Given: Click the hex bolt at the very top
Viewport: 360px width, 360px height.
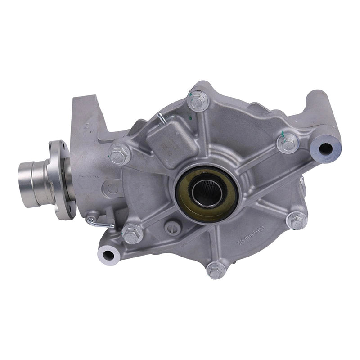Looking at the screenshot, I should click(198, 101).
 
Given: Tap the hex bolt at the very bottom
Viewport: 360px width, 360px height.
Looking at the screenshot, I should click(216, 270).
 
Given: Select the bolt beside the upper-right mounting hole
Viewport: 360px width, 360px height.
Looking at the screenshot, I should click(288, 143).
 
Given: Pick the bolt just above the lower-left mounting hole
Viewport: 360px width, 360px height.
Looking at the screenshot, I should click(132, 234).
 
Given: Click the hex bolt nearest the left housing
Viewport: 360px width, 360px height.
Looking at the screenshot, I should click(120, 154).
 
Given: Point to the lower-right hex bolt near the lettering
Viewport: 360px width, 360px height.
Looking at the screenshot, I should click(296, 220).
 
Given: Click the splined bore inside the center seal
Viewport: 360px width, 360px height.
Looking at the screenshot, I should click(206, 193).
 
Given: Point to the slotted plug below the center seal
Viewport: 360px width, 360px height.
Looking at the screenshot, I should click(172, 229).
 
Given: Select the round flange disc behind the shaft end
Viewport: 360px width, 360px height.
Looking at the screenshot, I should click(62, 180).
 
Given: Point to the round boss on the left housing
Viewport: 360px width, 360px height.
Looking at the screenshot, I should click(112, 188).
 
